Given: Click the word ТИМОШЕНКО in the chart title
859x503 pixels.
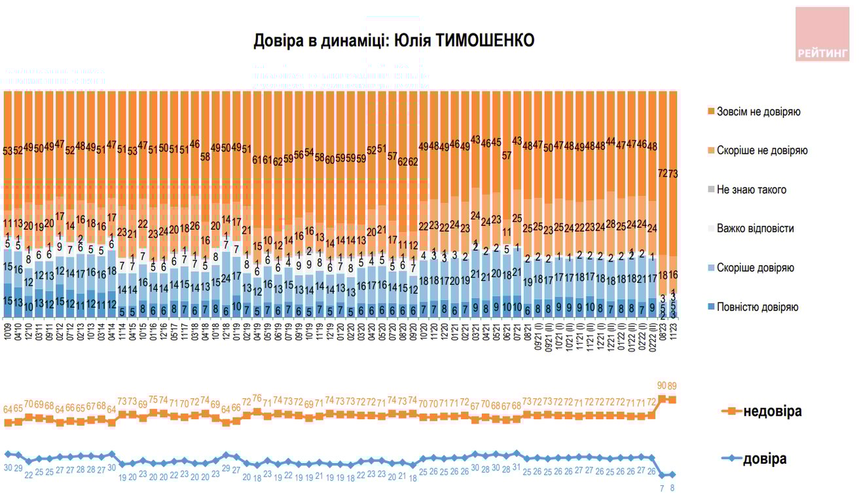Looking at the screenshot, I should point(484,41).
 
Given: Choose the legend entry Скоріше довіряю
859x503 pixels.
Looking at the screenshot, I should point(755,268).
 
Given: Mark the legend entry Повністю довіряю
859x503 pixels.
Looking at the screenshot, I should point(758,307).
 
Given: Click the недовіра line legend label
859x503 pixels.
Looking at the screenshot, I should point(772,411).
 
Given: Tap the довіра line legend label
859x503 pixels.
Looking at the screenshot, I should point(764,459).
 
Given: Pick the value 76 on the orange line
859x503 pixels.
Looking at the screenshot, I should point(257,398).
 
